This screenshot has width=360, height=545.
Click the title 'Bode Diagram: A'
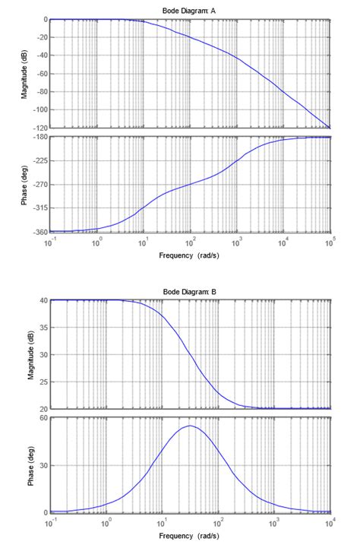[x=190, y=10]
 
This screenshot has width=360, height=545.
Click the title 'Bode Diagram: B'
[x=190, y=292]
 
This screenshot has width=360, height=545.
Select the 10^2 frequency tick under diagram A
[x=189, y=240]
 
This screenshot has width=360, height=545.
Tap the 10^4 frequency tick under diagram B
[x=330, y=522]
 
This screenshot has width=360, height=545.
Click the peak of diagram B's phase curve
[x=190, y=426]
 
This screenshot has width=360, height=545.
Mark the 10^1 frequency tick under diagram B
[x=162, y=522]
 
